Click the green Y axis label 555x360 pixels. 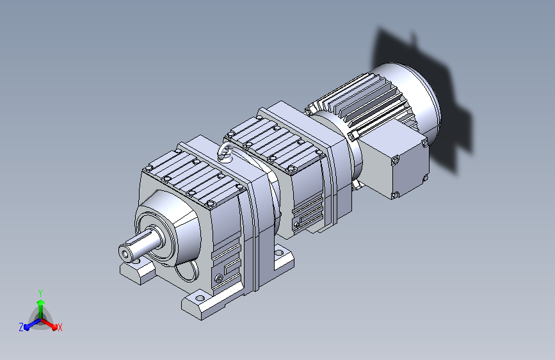(x=40, y=293)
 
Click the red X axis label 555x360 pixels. (x=60, y=328)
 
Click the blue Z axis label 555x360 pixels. (x=21, y=327)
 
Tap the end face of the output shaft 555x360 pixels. (x=125, y=254)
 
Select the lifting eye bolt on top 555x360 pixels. (x=225, y=153)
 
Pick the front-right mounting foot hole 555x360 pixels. (x=200, y=297)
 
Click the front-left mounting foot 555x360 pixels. (x=138, y=270)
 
